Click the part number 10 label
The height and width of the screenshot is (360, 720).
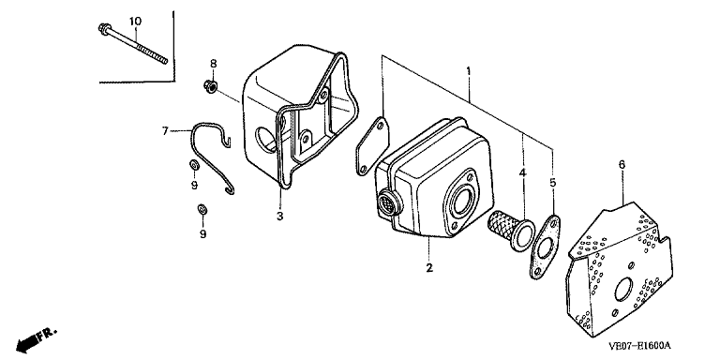(135, 22)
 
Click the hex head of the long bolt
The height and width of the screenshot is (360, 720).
(103, 28)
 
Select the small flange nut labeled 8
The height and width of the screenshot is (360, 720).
(211, 84)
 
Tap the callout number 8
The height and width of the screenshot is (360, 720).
(213, 64)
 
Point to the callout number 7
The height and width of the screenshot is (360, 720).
(165, 131)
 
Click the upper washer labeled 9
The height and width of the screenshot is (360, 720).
(194, 164)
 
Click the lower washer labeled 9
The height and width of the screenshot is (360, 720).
(202, 209)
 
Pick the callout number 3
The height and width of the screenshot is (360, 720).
(279, 216)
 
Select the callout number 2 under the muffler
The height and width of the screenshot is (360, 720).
(429, 268)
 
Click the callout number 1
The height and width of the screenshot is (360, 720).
(469, 71)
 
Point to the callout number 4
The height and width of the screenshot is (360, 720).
(522, 173)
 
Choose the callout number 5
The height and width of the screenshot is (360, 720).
(553, 183)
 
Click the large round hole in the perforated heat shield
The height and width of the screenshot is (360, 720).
(624, 291)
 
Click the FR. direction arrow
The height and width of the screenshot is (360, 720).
(36, 338)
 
